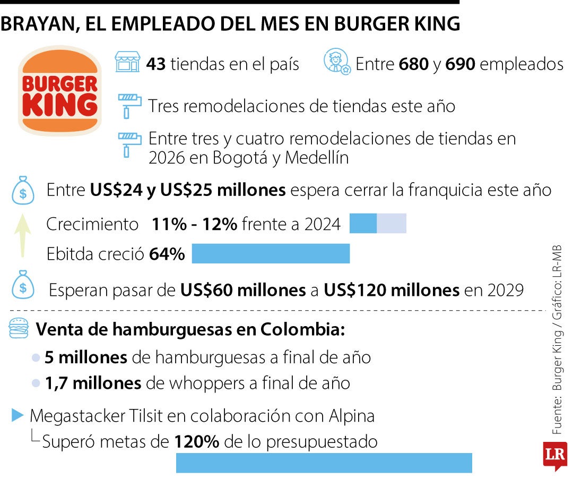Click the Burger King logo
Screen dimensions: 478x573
(59, 91)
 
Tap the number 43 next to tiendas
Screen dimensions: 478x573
(157, 64)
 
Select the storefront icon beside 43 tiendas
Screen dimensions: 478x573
(127, 62)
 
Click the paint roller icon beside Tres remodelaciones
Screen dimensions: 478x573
(129, 105)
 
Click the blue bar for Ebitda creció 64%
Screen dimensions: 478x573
(271, 254)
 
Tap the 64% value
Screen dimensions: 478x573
(167, 254)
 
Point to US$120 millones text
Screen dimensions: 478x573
(392, 291)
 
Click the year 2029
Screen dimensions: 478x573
(503, 291)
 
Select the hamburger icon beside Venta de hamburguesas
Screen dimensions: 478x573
(19, 329)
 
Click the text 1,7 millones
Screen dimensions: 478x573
(93, 383)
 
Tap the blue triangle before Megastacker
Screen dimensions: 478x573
(18, 415)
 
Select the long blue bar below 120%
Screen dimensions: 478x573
(324, 463)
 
